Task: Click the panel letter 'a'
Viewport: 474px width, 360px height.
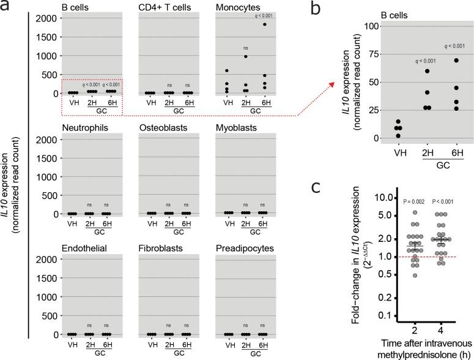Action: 6,7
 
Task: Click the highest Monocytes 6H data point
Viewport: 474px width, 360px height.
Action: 265,24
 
